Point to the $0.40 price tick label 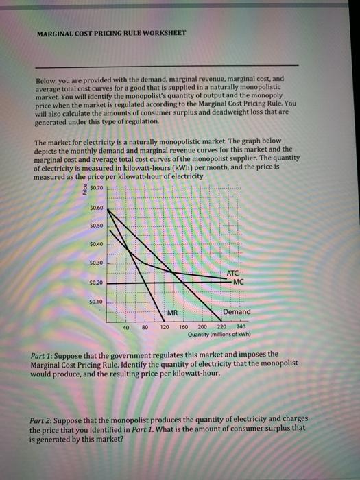point(97,243)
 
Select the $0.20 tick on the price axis point(97,282)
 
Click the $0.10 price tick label point(97,301)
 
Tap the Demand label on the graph point(237,312)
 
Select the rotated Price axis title point(86,189)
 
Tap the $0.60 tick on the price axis point(97,206)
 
